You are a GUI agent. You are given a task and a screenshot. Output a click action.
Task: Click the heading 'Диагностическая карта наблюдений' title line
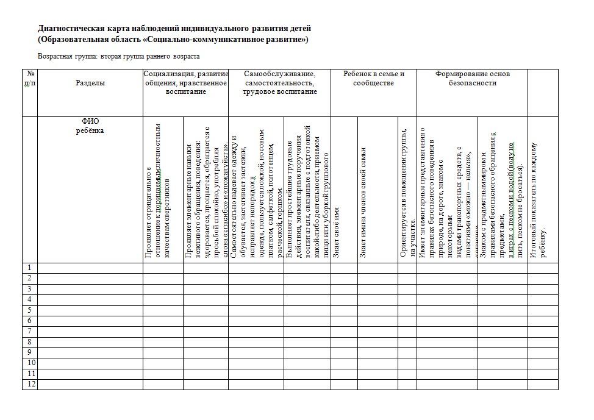(x=175, y=28)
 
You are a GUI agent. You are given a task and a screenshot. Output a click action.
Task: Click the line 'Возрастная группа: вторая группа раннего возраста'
(x=119, y=55)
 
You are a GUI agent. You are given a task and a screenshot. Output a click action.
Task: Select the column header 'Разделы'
(x=90, y=83)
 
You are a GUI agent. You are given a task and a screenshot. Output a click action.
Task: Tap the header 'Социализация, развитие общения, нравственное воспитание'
(x=185, y=83)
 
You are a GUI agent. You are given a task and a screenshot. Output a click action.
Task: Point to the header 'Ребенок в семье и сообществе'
(x=374, y=79)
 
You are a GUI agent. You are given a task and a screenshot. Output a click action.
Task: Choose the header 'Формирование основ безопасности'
(x=473, y=79)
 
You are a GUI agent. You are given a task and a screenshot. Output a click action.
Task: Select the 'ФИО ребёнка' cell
(x=90, y=126)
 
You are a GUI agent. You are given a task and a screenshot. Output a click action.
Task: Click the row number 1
(x=28, y=268)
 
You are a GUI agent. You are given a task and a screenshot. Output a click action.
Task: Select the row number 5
(x=28, y=310)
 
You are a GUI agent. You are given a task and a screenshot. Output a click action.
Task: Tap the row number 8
(x=28, y=342)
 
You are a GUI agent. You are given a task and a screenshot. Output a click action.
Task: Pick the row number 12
(x=29, y=384)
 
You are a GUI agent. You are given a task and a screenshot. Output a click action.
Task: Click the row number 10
(x=29, y=363)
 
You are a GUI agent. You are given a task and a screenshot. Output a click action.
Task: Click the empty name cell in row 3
(x=90, y=289)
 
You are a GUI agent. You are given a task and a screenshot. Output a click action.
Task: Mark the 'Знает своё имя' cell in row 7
(x=344, y=331)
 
